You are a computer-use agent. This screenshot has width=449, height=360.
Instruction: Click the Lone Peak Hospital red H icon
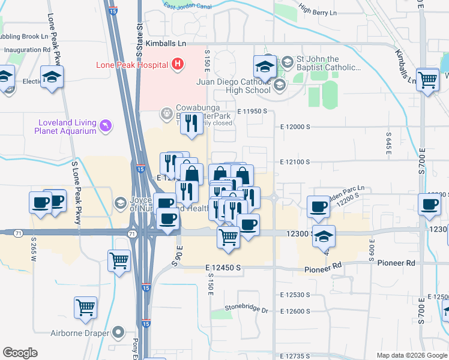point(178,64)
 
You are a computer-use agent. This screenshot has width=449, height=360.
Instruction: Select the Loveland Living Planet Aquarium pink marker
point(106,125)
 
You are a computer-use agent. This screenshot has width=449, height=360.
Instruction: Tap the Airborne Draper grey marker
point(119,331)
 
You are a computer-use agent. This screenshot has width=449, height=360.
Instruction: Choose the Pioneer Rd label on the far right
point(393,263)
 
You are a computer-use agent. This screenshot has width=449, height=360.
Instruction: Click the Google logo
point(20,353)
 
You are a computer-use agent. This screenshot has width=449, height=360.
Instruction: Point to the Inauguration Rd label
point(26,50)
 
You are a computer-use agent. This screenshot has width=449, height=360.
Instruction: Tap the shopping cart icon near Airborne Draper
point(86,308)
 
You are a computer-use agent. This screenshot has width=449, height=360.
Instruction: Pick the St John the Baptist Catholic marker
point(288,61)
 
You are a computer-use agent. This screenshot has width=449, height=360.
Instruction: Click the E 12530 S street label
point(294,295)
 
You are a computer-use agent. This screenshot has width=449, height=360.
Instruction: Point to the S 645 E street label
point(389,144)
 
